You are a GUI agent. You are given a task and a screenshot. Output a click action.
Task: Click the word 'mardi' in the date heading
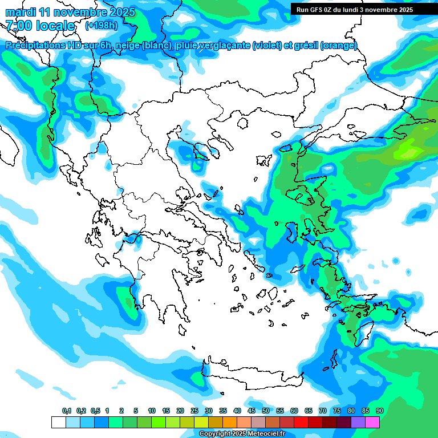point(20,12)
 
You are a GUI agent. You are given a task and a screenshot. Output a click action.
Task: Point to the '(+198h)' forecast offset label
point(102,26)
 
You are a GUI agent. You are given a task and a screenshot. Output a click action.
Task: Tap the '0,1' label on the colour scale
point(67,411)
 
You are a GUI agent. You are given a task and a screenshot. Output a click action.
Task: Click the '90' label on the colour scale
point(380,411)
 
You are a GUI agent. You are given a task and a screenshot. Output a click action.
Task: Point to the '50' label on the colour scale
point(266,411)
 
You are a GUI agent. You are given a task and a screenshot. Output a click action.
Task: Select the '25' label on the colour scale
point(194,411)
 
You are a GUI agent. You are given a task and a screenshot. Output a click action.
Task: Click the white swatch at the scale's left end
point(58,422)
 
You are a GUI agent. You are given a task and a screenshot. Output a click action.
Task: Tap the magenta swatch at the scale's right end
point(372,422)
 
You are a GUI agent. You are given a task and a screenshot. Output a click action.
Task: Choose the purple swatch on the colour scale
point(358,422)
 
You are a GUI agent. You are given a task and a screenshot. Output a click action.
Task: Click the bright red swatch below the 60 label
point(301,422)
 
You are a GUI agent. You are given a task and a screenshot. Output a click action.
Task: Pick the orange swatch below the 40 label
point(230,422)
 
